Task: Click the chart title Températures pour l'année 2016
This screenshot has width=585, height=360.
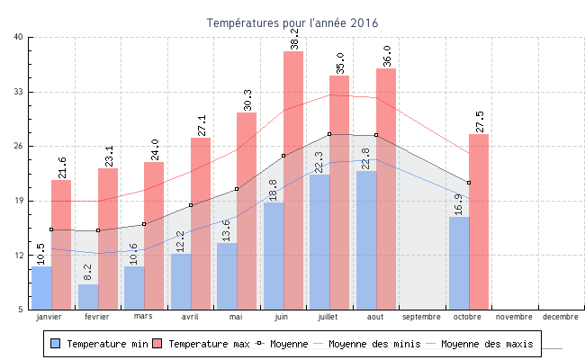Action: tap(292, 22)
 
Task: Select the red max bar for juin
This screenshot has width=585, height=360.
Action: tap(293, 180)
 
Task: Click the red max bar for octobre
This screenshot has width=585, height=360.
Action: tap(479, 221)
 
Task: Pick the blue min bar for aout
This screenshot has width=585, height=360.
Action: tap(366, 240)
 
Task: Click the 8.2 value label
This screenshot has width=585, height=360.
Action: tap(87, 272)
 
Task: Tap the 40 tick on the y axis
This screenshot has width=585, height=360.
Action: tap(19, 37)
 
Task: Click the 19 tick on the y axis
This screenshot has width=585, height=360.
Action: tap(19, 201)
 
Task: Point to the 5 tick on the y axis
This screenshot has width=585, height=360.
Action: tap(22, 310)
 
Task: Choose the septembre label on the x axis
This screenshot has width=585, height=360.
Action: tap(421, 317)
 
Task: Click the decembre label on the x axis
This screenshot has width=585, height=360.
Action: tap(561, 317)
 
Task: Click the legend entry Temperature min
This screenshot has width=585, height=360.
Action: tap(99, 344)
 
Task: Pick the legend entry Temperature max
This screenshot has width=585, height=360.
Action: tap(202, 344)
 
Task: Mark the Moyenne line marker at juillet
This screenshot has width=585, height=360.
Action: tap(329, 134)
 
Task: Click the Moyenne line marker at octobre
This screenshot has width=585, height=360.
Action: tap(469, 183)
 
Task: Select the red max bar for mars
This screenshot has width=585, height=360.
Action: tap(154, 236)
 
